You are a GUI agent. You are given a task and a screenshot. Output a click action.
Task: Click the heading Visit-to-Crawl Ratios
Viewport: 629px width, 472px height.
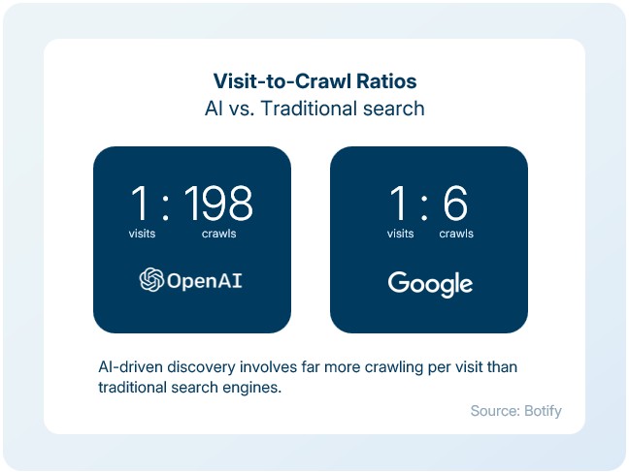314,80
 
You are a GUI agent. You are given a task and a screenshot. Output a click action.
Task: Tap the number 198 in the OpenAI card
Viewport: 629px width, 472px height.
218,204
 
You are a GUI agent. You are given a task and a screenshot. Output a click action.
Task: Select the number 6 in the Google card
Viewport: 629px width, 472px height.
455,204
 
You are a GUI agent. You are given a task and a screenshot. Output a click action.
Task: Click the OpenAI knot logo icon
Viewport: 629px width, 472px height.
150,281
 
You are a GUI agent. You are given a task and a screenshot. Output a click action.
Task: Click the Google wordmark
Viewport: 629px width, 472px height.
430,283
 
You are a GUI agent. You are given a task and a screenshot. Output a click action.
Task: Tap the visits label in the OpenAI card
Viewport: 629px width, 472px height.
142,234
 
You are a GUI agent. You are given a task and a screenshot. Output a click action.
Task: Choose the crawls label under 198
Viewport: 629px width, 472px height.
218,234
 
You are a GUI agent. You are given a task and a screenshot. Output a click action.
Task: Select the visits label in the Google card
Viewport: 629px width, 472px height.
401,234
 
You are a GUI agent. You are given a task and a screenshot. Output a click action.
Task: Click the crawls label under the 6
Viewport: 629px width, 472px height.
456,234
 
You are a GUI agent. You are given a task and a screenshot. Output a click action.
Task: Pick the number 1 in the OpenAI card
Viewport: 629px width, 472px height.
142,204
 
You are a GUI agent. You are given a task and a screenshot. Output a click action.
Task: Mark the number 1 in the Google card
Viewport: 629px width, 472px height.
399,204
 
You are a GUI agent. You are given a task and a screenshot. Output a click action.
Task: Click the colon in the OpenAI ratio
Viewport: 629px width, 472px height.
167,205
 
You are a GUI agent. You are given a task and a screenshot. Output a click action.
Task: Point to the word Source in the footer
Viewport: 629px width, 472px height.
492,411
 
